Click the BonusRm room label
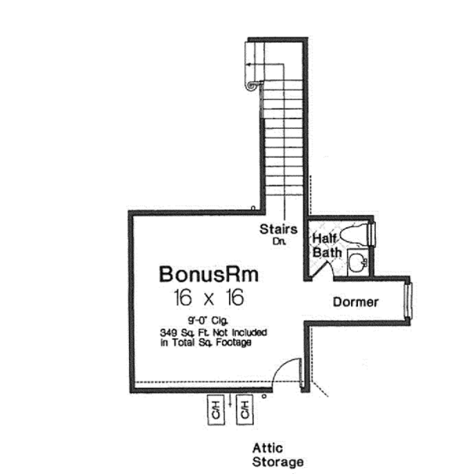[x=209, y=275]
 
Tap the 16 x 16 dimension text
[x=209, y=298]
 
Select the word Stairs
[x=279, y=229]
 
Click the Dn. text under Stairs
[x=280, y=241]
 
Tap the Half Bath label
[x=328, y=244]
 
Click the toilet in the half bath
[x=360, y=233]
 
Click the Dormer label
[x=356, y=301]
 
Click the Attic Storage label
[x=277, y=455]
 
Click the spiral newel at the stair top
[x=251, y=80]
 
